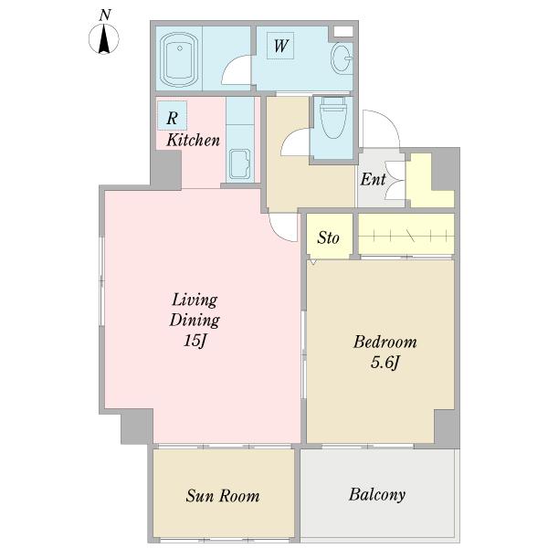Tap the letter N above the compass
tap(105, 15)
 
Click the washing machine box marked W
tap(280, 46)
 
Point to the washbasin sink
tap(342, 58)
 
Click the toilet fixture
tap(333, 117)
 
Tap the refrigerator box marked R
tap(172, 116)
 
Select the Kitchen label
tap(193, 140)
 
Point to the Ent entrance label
tap(373, 180)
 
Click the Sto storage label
tap(328, 238)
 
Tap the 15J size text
tap(195, 340)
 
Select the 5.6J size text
tap(385, 363)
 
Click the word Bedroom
tap(385, 342)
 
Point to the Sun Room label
tap(223, 496)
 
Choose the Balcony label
tap(377, 494)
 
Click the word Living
tap(195, 300)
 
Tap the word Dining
tap(195, 321)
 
